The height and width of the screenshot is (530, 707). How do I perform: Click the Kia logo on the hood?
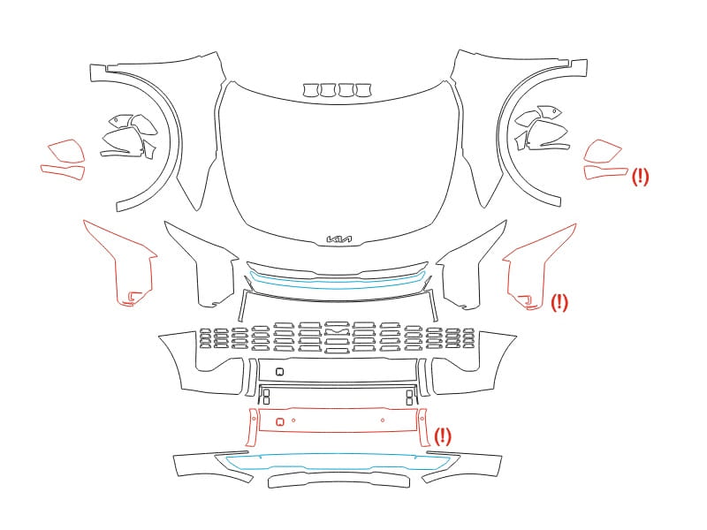pyautogui.click(x=339, y=238)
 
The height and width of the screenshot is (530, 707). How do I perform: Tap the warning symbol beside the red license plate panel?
pyautogui.click(x=443, y=436)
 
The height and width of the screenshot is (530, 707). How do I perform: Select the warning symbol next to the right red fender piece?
pyautogui.click(x=559, y=302)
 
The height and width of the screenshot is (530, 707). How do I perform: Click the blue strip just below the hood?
pyautogui.click(x=338, y=283)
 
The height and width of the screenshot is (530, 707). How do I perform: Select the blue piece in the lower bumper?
pyautogui.click(x=338, y=463)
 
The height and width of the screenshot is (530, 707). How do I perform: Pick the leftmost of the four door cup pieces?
pyautogui.click(x=311, y=90)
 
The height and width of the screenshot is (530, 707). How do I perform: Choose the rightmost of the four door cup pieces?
pyautogui.click(x=363, y=90)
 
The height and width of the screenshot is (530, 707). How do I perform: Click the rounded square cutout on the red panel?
pyautogui.click(x=279, y=422)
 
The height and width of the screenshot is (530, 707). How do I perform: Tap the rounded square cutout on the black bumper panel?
pyautogui.click(x=279, y=372)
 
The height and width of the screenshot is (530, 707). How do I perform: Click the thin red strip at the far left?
pyautogui.click(x=63, y=171)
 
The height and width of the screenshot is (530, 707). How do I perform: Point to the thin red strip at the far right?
pyautogui.click(x=605, y=172)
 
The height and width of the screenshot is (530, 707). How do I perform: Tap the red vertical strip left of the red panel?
pyautogui.click(x=252, y=428)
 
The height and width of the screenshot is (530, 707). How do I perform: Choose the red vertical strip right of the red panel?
pyautogui.click(x=424, y=428)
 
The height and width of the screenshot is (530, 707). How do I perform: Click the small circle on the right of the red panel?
pyautogui.click(x=383, y=420)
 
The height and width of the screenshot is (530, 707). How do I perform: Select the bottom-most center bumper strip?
pyautogui.click(x=339, y=480)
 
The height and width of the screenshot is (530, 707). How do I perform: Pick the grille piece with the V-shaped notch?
pyautogui.click(x=337, y=332)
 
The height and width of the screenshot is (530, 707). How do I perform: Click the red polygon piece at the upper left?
pyautogui.click(x=66, y=150)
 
